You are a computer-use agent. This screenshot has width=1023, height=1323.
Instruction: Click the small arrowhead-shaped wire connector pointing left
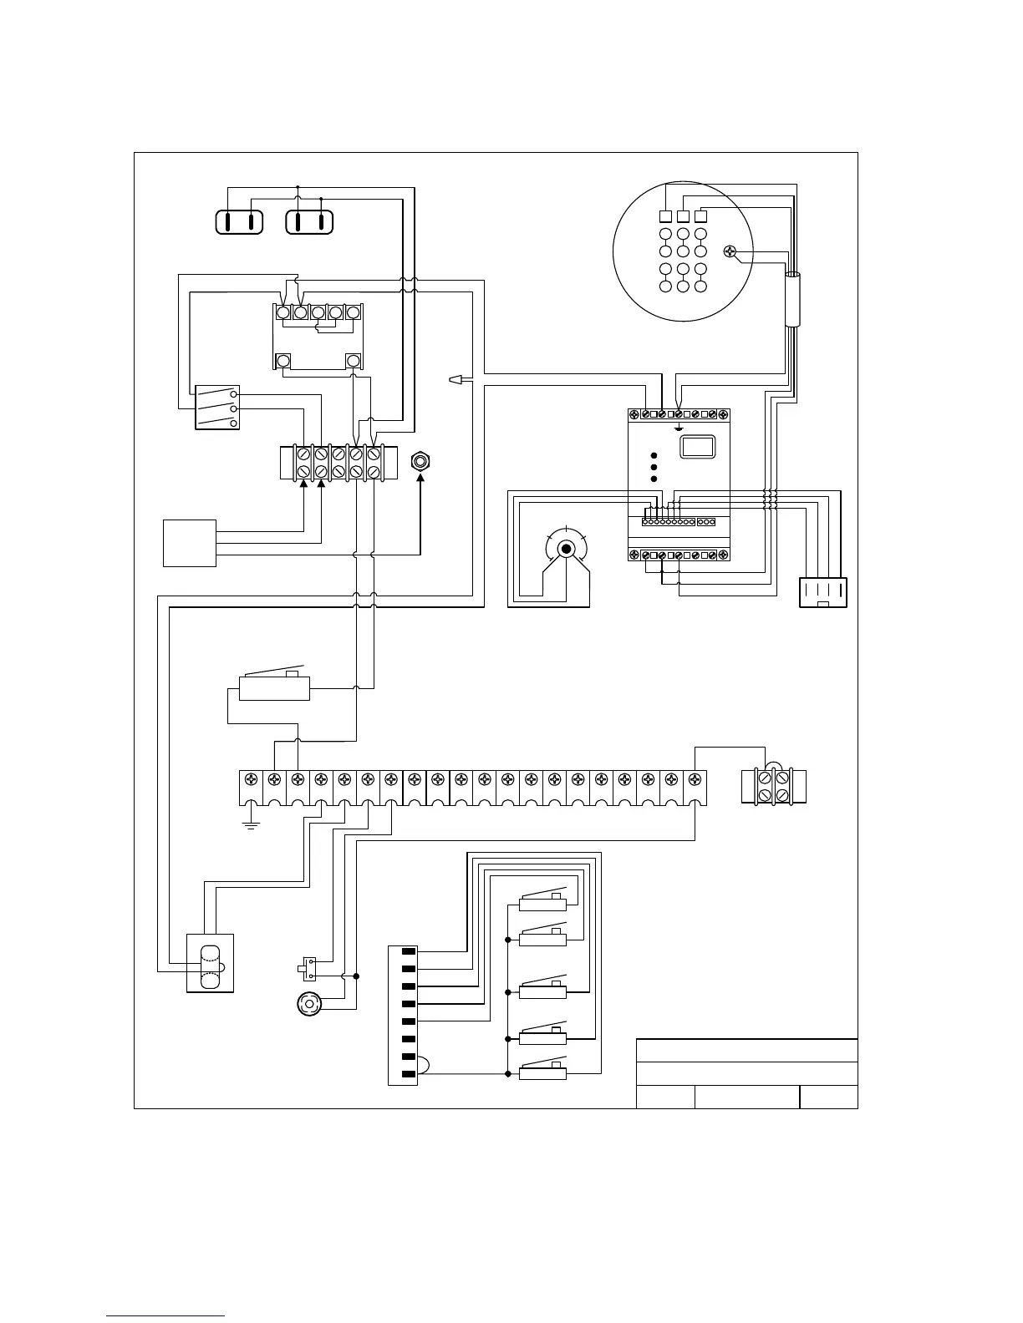click(456, 381)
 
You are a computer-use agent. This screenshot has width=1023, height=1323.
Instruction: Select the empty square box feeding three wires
click(190, 543)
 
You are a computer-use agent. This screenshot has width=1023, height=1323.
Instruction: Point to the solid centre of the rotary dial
click(566, 549)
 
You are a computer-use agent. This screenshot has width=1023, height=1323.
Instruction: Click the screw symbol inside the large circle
click(733, 251)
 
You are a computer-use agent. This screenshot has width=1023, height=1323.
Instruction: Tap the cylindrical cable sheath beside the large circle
click(791, 299)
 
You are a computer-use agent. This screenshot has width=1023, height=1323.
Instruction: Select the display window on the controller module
click(695, 446)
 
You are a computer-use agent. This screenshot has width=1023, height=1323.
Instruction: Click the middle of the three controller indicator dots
click(654, 467)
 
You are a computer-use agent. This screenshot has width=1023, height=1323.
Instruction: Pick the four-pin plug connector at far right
click(823, 592)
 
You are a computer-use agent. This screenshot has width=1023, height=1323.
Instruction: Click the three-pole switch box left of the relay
click(217, 408)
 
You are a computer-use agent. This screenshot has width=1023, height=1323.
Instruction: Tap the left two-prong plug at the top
click(239, 222)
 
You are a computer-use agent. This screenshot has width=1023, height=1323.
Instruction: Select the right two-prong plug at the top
click(309, 222)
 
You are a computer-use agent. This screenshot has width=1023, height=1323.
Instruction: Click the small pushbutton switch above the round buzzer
click(307, 969)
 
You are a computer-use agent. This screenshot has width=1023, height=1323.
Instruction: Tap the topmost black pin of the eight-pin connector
click(409, 951)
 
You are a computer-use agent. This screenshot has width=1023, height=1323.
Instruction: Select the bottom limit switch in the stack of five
click(543, 1072)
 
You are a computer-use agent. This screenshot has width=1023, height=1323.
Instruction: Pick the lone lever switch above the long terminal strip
click(274, 687)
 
